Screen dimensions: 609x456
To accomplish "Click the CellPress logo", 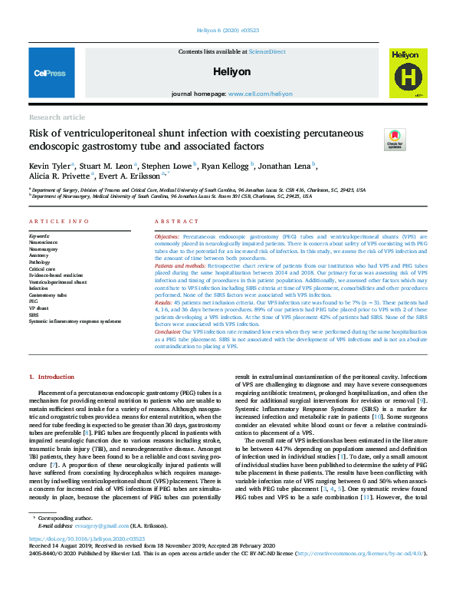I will click(x=49, y=72).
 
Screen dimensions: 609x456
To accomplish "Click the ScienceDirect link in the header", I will click(x=267, y=51).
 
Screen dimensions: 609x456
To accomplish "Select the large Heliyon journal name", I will click(x=232, y=71).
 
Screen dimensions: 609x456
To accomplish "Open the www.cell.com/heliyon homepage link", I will click(x=261, y=93).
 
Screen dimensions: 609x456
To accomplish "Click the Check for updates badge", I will click(x=395, y=139).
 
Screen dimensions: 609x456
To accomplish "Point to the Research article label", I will click(x=57, y=117).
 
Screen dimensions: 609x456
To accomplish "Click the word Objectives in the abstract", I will click(x=168, y=235).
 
